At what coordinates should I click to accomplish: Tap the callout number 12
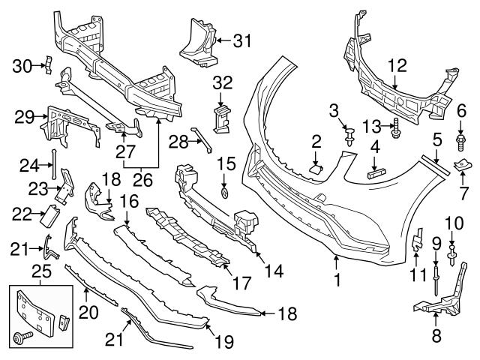pos(397,65)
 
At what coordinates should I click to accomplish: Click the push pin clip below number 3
pos(349,137)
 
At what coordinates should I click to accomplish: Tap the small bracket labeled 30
pos(44,66)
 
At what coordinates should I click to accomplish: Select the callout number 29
pos(25,116)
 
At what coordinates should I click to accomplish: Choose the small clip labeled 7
pos(461,165)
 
